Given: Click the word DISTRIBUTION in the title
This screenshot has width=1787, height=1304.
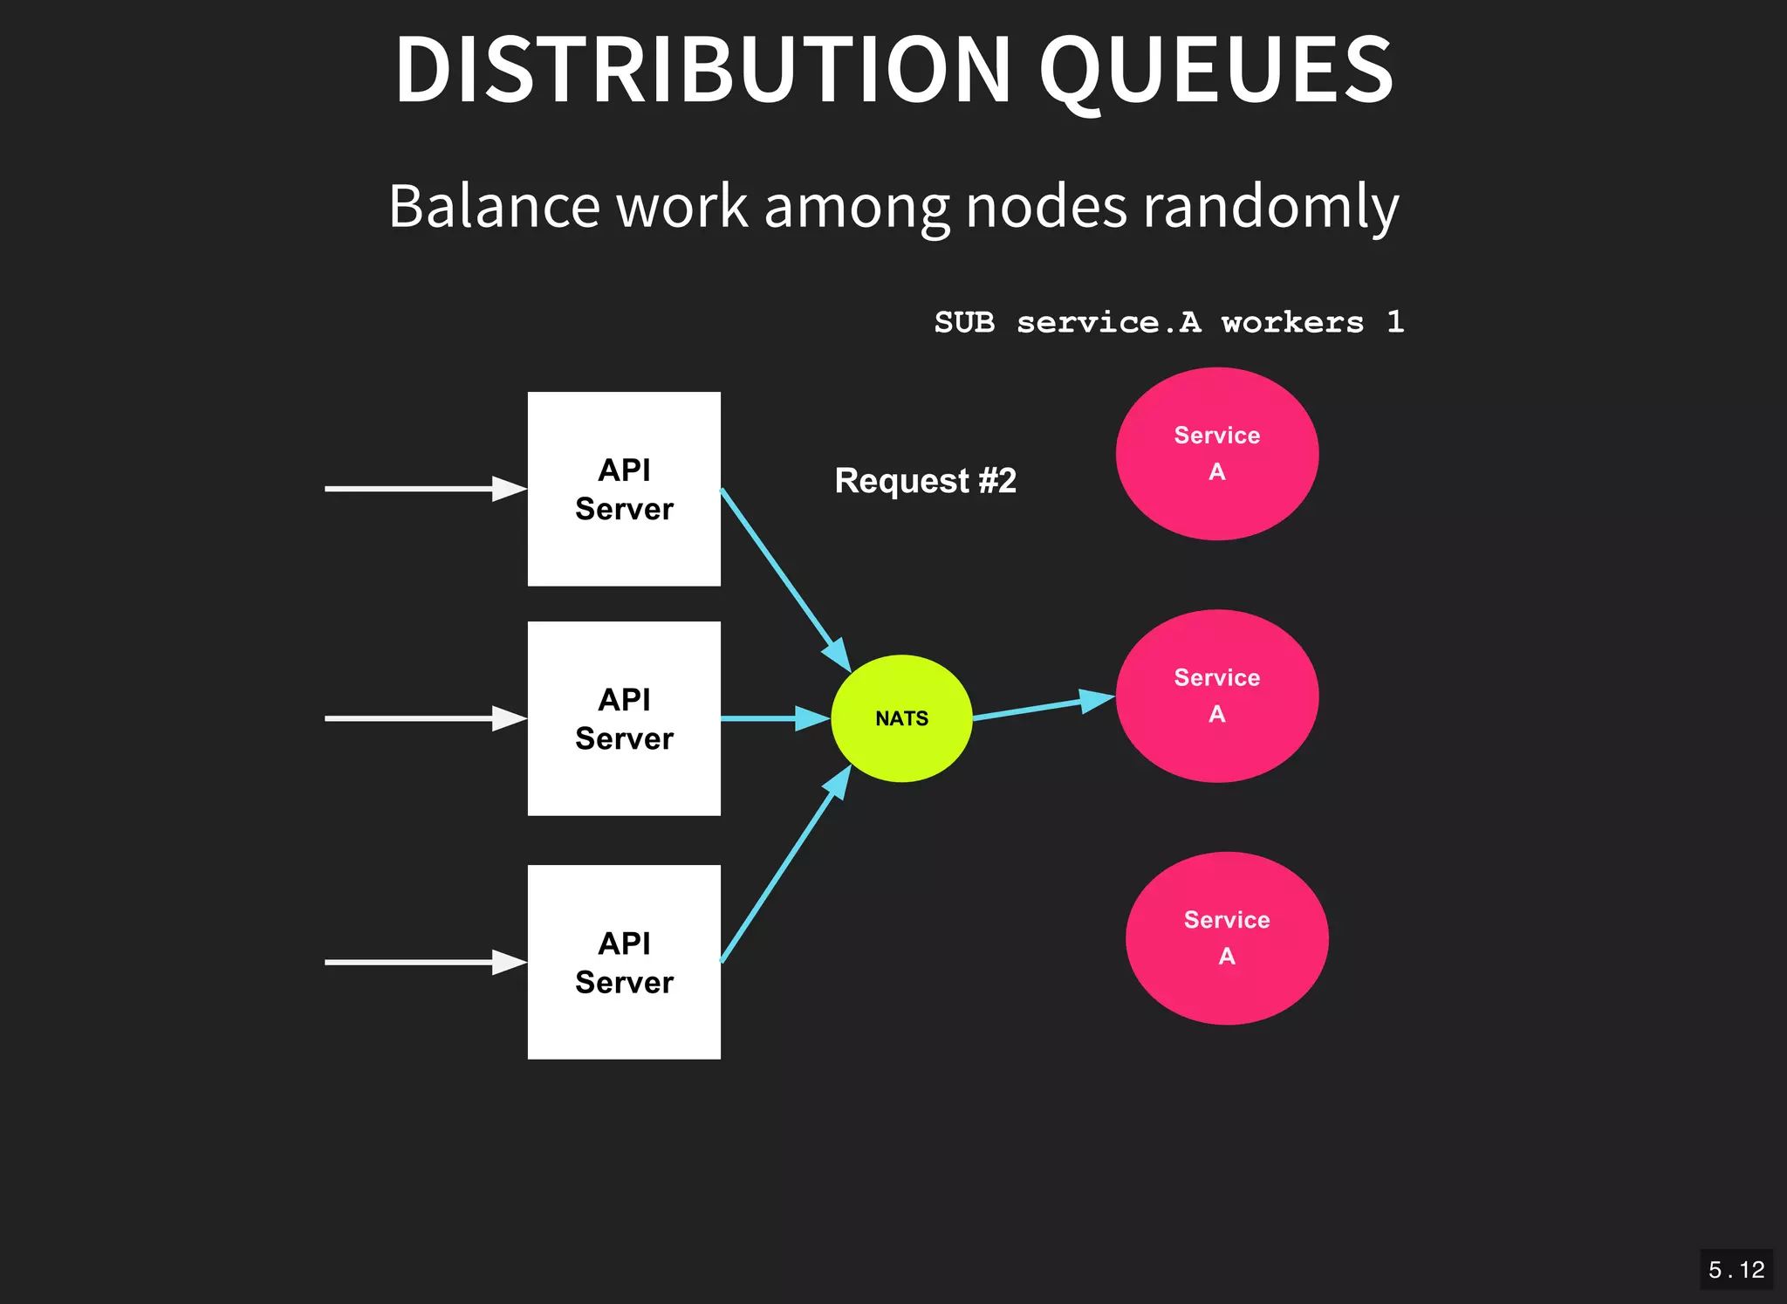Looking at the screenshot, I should (x=702, y=70).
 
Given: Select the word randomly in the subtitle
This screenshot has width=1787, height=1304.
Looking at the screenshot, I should (x=1270, y=207).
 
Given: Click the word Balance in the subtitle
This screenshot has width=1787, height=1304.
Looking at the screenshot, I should (x=494, y=207).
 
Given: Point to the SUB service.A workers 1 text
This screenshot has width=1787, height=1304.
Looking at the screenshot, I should (x=1168, y=322).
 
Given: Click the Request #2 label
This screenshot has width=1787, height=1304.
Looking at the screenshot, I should (x=925, y=481).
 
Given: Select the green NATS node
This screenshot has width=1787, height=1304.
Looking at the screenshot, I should (x=901, y=718).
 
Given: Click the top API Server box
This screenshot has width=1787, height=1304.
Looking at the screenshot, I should (x=624, y=489).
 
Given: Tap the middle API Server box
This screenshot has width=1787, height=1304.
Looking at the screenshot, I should (x=624, y=718).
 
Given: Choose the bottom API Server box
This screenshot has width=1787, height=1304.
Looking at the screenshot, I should (x=624, y=962).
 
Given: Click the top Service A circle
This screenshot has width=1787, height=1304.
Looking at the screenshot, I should (x=1216, y=454).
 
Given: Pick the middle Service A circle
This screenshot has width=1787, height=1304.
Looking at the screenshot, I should (x=1216, y=696).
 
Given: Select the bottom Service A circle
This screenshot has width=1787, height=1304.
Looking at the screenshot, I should (x=1227, y=938).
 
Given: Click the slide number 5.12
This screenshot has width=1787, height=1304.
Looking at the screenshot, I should (x=1736, y=1269).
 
